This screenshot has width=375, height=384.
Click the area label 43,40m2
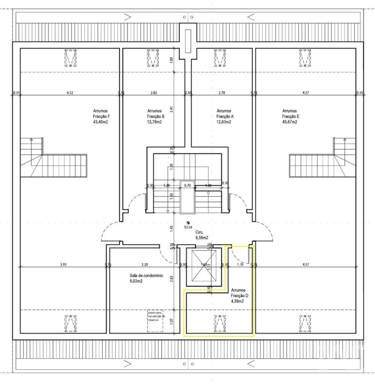click(100, 122)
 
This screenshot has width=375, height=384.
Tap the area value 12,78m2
click(154, 122)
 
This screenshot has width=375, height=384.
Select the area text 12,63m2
click(224, 122)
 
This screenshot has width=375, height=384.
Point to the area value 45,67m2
click(289, 122)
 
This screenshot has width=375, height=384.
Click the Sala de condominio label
click(142, 276)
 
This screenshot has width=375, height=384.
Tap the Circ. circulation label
click(200, 233)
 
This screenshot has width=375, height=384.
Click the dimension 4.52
click(69, 93)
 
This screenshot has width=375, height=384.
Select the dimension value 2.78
click(222, 93)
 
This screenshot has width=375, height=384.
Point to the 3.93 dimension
click(63, 265)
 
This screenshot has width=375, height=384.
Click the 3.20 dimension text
click(144, 265)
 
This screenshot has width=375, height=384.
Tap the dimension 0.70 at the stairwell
click(187, 185)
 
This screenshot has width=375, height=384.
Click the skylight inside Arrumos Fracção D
click(220, 324)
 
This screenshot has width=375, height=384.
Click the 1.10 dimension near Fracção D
click(240, 265)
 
